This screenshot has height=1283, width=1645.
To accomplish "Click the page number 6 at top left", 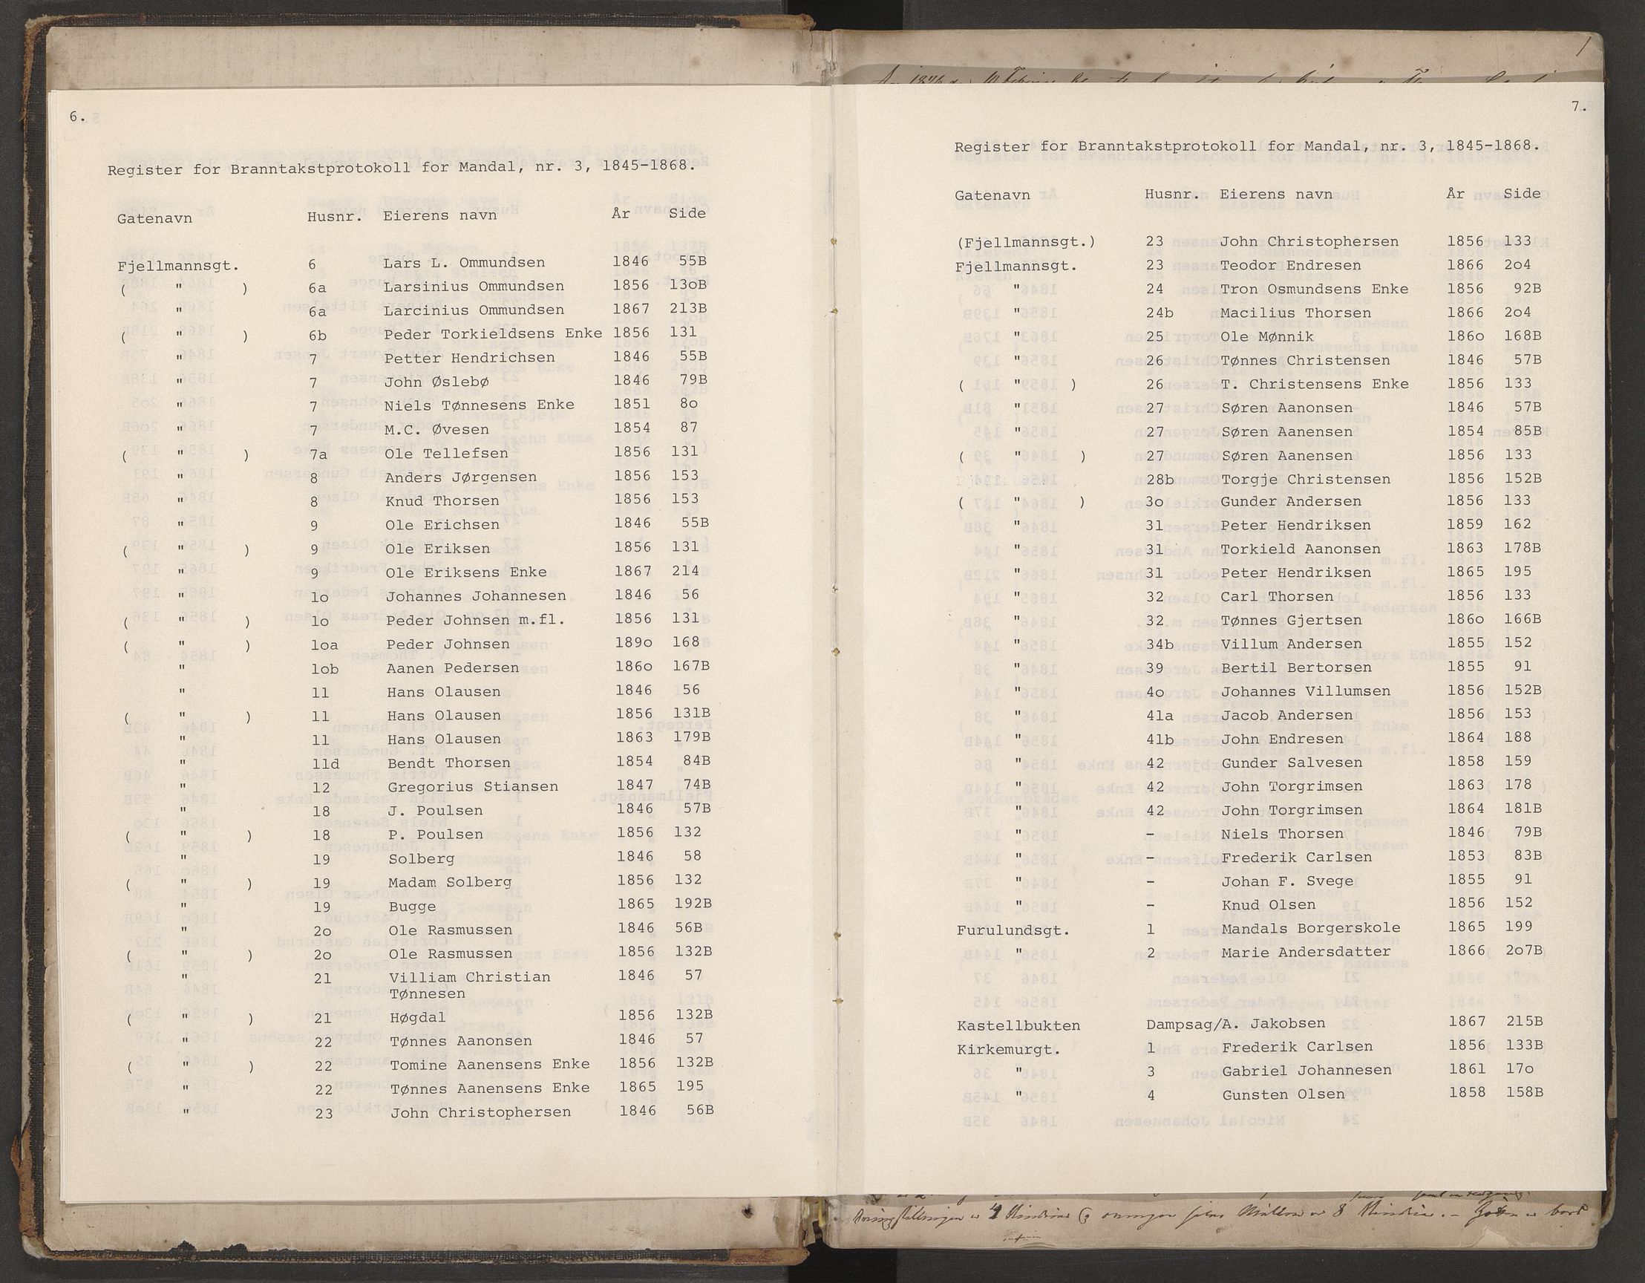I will pos(76,117).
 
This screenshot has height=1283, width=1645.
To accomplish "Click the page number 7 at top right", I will pos(1579,107).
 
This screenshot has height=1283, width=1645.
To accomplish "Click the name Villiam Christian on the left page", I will pos(469,977).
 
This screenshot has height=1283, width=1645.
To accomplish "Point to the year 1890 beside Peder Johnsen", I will pos(632,643).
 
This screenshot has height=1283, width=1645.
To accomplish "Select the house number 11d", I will pos(325,763).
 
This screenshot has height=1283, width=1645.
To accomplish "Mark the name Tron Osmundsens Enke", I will pos(1315,290).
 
